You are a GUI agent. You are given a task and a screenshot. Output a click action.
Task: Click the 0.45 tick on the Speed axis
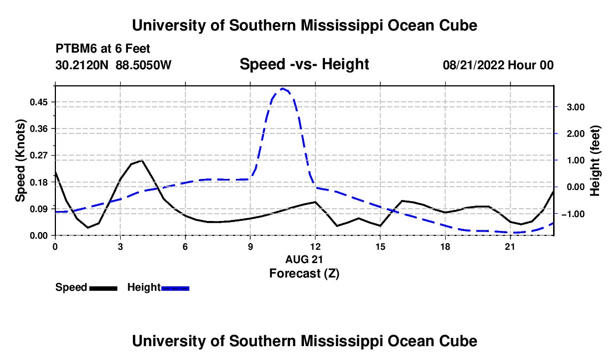[39, 102]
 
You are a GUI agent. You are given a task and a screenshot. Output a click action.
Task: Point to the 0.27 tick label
[39, 155]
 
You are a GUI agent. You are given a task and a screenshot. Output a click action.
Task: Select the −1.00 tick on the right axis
[573, 214]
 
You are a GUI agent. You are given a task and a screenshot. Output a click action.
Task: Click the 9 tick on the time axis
[250, 246]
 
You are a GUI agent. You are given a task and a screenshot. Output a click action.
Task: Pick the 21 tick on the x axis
[510, 246]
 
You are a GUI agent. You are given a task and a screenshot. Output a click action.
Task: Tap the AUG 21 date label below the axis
[304, 259]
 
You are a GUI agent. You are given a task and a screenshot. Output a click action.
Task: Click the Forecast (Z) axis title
[304, 274]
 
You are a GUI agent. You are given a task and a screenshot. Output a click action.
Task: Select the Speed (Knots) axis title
[20, 161]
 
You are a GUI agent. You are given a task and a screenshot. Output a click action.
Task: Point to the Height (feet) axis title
[595, 161]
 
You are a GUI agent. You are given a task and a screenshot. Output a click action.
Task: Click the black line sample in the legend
[103, 288]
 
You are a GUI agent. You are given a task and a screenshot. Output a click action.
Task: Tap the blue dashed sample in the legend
[175, 288]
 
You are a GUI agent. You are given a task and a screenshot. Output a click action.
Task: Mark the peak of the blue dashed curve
[283, 89]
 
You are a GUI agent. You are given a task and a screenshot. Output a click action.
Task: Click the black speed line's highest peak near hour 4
[142, 161]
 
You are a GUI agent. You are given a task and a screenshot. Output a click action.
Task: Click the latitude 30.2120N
[82, 65]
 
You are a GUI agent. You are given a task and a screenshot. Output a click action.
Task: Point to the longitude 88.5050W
[143, 65]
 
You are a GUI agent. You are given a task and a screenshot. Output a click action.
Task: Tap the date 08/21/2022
[473, 65]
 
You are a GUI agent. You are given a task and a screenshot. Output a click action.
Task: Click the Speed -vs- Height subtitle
[304, 64]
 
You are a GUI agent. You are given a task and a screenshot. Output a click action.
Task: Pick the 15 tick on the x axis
[380, 246]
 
